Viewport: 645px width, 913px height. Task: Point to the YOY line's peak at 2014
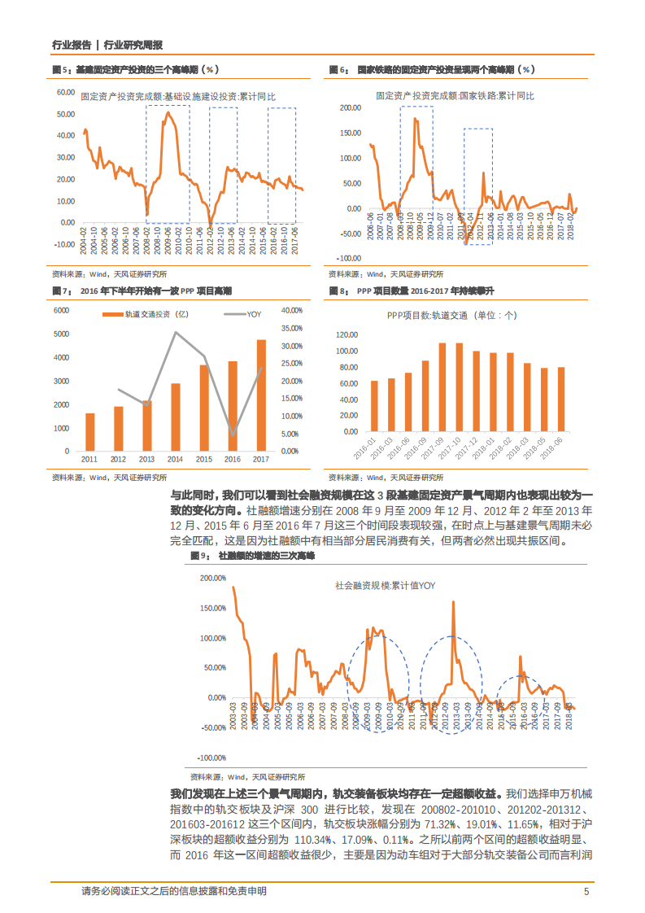coord(175,331)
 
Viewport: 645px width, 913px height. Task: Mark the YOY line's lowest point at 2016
coord(233,436)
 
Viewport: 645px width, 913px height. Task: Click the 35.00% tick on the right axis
coord(291,328)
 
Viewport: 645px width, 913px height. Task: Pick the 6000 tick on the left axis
coord(62,310)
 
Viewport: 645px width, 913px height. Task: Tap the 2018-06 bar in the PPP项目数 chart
coord(560,402)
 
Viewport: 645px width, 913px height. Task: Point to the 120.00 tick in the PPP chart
coord(348,335)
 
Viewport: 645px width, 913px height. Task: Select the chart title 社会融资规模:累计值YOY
coord(386,584)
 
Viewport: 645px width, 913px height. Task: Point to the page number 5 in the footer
coord(586,892)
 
